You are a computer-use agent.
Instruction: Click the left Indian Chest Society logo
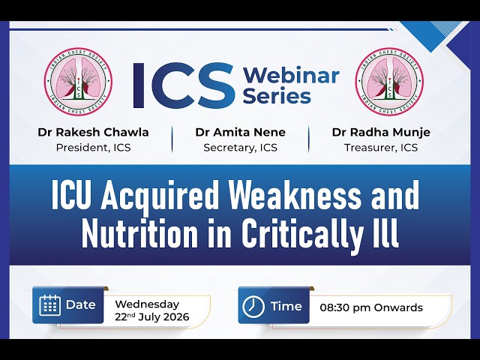tap(78, 82)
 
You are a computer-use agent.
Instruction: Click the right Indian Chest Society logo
tap(390, 82)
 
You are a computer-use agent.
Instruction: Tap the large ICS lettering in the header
tap(184, 85)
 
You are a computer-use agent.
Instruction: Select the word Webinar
tap(291, 75)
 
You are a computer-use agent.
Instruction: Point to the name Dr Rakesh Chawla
tap(93, 132)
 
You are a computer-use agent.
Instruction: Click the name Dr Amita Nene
tap(240, 132)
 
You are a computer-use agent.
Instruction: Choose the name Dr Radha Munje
tap(381, 132)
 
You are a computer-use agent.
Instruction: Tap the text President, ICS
tap(93, 148)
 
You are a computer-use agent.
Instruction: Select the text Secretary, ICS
tap(240, 148)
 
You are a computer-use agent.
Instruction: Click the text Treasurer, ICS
tap(381, 148)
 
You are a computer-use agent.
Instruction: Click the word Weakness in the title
tap(295, 195)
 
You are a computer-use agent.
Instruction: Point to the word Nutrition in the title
tap(139, 232)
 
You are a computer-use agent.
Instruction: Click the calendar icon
tap(49, 305)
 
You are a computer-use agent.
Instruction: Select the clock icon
tap(253, 307)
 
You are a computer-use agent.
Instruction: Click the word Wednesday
tap(147, 304)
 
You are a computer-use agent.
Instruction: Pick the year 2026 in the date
tap(176, 316)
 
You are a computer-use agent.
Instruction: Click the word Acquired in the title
tap(158, 196)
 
